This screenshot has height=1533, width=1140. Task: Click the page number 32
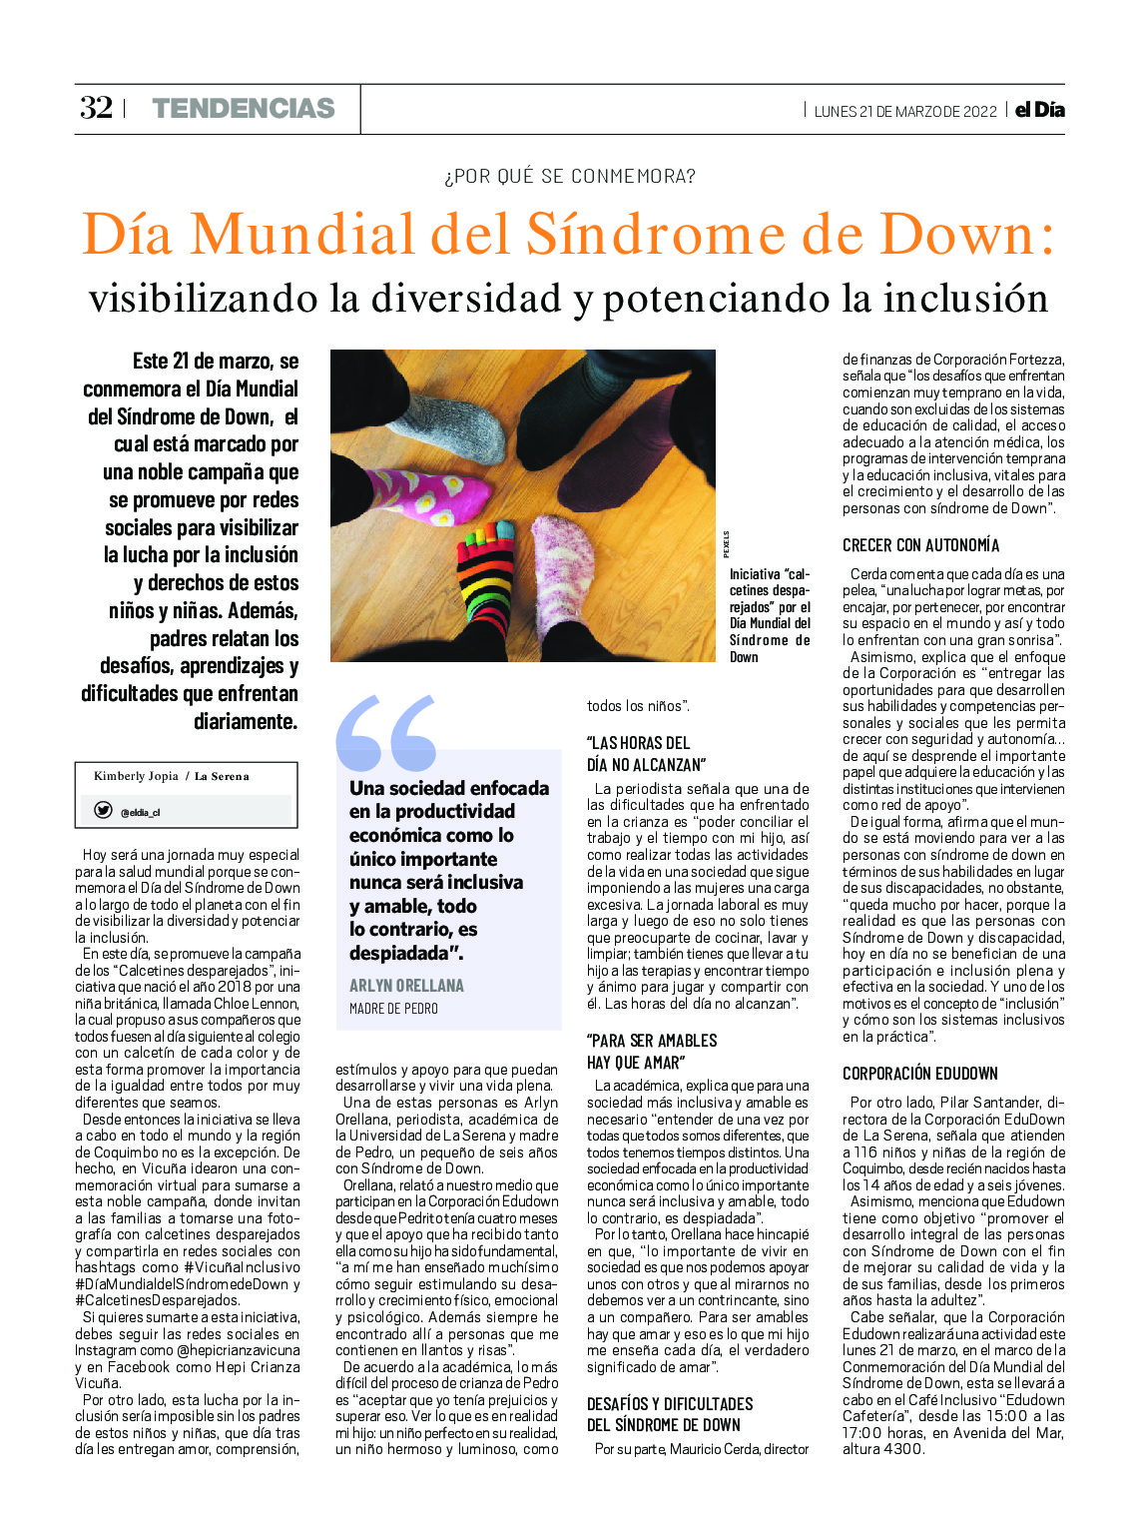pyautogui.click(x=96, y=108)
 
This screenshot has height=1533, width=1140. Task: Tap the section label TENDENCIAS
pyautogui.click(x=244, y=108)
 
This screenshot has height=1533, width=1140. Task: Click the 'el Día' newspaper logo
pyautogui.click(x=1039, y=110)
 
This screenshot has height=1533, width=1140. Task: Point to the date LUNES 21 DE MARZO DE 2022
pyautogui.click(x=904, y=111)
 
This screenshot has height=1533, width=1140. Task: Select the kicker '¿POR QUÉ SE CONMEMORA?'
pyautogui.click(x=570, y=177)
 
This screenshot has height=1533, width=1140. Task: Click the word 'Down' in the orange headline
pyautogui.click(x=965, y=235)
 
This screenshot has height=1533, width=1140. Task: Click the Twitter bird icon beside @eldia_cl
pyautogui.click(x=103, y=810)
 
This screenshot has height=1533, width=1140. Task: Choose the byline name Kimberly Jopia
pyautogui.click(x=136, y=776)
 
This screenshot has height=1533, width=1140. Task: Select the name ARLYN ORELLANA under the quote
pyautogui.click(x=406, y=986)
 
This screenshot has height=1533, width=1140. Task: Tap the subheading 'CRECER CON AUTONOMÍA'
pyautogui.click(x=920, y=545)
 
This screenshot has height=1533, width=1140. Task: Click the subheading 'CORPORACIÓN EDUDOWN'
pyautogui.click(x=919, y=1074)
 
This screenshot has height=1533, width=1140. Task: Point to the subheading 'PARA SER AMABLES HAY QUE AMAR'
pyautogui.click(x=652, y=1051)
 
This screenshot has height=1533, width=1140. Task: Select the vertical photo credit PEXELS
pyautogui.click(x=726, y=544)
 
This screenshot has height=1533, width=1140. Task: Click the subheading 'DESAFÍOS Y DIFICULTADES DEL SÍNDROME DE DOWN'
pyautogui.click(x=670, y=1414)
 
